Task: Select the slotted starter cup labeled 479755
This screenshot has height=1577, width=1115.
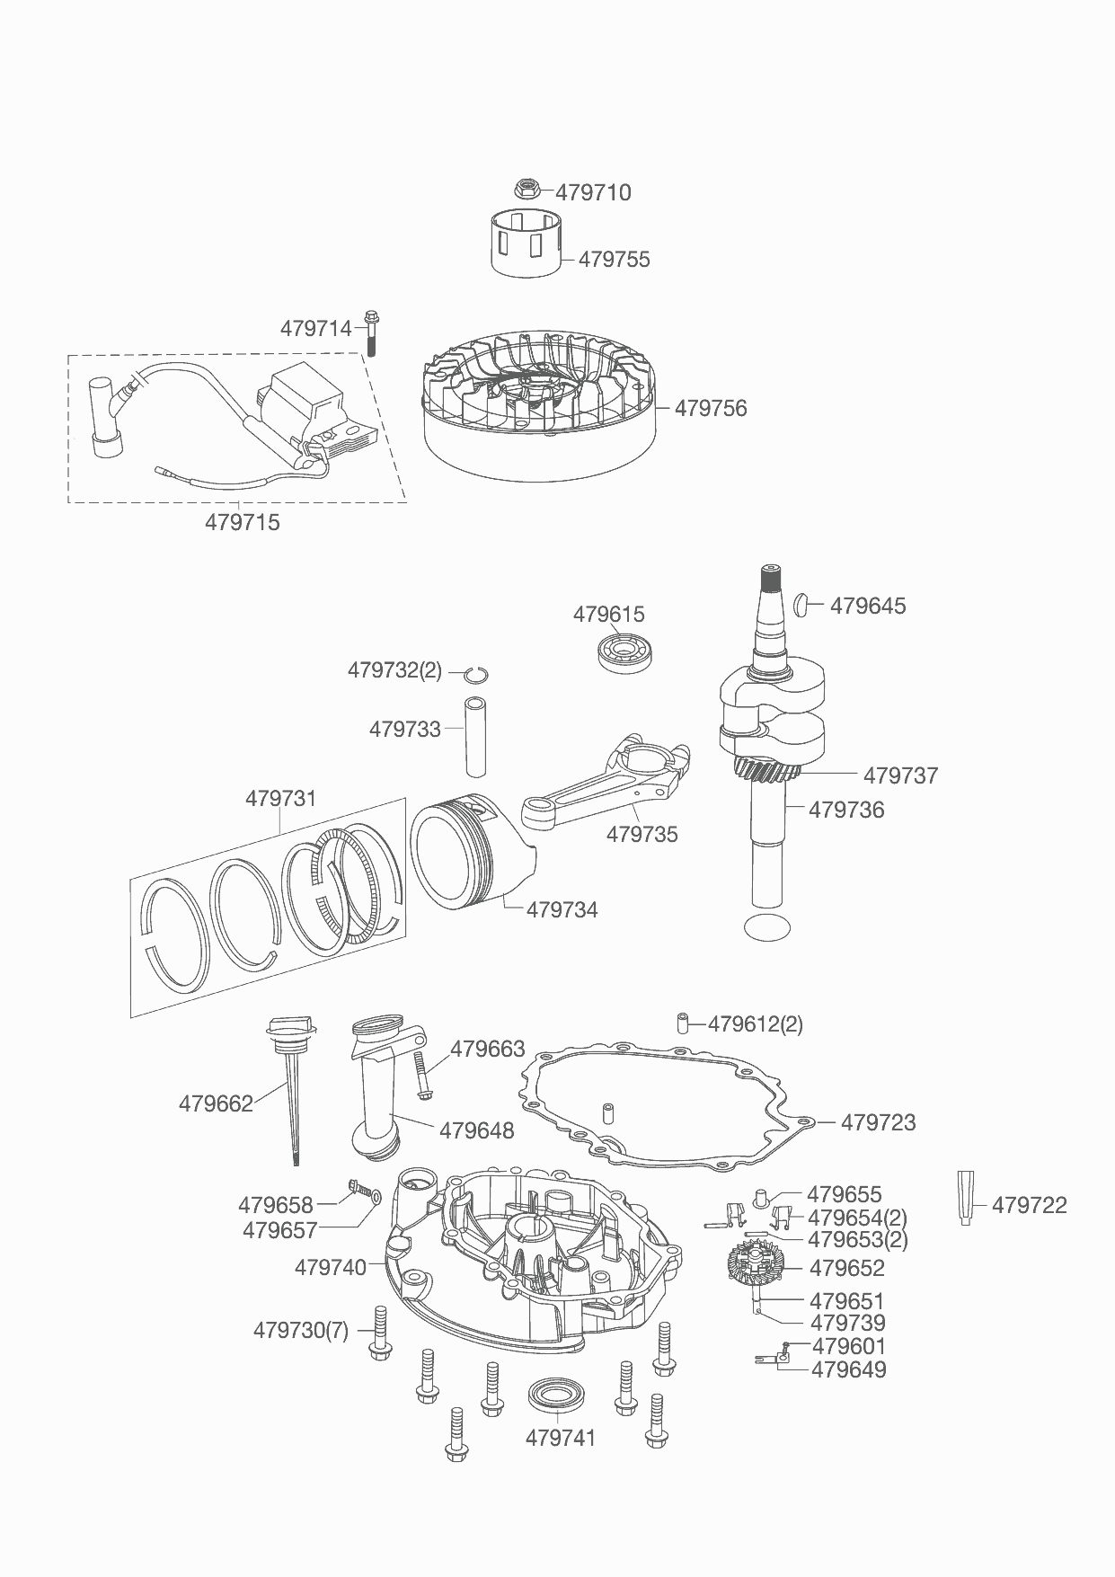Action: [527, 241]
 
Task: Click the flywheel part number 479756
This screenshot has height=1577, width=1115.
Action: [711, 408]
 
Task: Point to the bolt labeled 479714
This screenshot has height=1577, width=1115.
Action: [370, 332]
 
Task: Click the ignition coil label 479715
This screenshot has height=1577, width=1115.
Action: [243, 522]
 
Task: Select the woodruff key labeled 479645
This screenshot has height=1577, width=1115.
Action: [802, 605]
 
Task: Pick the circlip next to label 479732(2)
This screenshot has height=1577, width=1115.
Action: [477, 674]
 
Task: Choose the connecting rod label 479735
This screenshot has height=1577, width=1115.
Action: [642, 834]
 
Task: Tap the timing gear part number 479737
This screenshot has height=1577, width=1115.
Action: [901, 775]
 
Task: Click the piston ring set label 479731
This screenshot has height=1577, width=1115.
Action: [281, 798]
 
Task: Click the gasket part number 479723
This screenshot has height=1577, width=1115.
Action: [879, 1122]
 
